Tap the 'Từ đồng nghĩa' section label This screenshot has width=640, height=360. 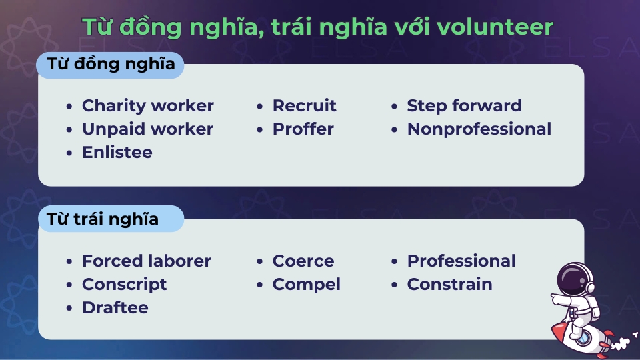(110, 65)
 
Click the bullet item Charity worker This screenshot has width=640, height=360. (147, 106)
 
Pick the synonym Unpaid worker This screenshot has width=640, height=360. (147, 129)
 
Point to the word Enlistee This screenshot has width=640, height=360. (117, 153)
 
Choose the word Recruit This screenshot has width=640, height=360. (304, 106)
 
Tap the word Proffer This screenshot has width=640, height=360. (303, 129)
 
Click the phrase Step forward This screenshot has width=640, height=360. (464, 106)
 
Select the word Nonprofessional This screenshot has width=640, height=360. (479, 129)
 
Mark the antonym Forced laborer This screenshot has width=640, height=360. (146, 261)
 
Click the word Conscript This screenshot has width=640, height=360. (124, 285)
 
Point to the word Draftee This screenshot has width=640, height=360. (115, 308)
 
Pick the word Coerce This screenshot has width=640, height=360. (303, 261)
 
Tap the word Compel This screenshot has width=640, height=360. (306, 285)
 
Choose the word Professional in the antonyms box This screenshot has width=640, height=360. (461, 261)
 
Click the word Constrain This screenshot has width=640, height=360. (449, 285)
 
